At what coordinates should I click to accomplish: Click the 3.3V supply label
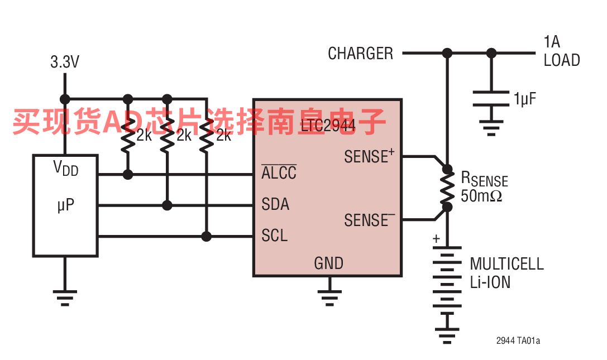[65, 62]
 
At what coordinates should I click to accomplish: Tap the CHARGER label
[360, 54]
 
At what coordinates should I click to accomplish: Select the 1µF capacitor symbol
[491, 98]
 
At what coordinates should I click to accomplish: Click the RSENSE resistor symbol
[447, 188]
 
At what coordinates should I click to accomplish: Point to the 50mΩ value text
[481, 196]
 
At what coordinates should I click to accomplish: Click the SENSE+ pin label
[369, 156]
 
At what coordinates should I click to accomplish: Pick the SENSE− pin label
[369, 219]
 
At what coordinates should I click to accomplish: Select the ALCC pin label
[279, 172]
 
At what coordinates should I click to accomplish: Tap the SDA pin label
[275, 204]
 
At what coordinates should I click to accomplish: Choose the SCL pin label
[275, 236]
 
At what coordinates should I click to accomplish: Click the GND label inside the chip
[329, 263]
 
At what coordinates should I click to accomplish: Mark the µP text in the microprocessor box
[65, 205]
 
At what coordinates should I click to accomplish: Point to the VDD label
[65, 169]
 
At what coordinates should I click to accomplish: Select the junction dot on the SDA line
[167, 205]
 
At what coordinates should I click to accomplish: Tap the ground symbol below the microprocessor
[65, 297]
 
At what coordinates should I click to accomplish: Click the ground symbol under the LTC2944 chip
[329, 297]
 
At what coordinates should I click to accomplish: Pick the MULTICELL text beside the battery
[506, 264]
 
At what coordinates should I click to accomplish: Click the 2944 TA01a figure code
[518, 340]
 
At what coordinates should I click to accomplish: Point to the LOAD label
[562, 60]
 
